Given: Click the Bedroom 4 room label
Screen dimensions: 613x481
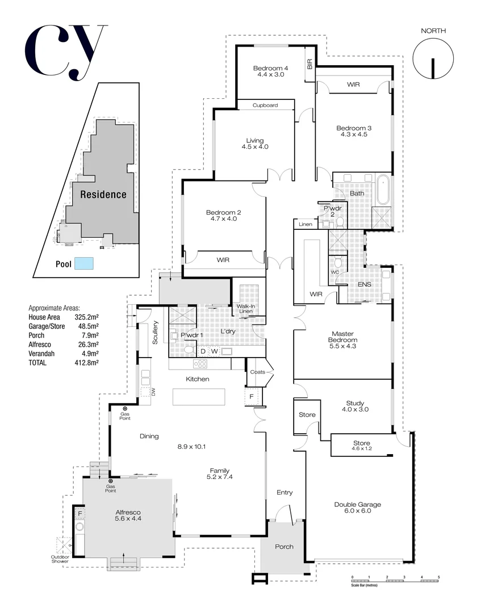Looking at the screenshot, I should point(270,72).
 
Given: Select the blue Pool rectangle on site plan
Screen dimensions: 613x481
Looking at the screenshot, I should point(84,263).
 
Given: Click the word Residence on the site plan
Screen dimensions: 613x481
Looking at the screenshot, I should point(103,195).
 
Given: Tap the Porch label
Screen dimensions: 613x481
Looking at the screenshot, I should point(284,547).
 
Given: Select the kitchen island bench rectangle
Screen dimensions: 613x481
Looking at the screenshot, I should point(199,396).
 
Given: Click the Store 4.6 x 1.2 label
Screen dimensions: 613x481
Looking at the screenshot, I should point(361,446).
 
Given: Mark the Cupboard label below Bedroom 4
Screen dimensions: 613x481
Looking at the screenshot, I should point(265,105).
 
